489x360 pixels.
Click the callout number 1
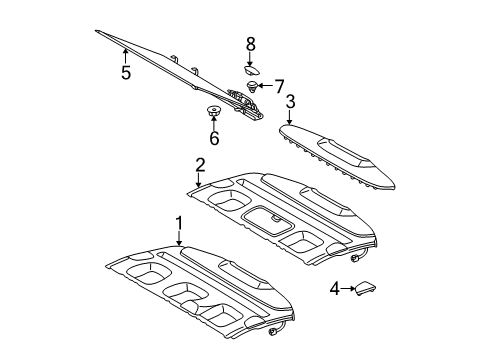pyautogui.click(x=179, y=224)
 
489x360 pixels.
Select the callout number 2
pyautogui.click(x=200, y=165)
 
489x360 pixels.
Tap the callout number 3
pyautogui.click(x=290, y=102)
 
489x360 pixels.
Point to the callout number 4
pyautogui.click(x=335, y=289)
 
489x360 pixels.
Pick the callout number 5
pyautogui.click(x=126, y=72)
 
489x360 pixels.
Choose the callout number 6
pyautogui.click(x=214, y=138)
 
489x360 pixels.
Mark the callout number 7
pyautogui.click(x=279, y=86)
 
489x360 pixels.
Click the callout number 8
pyautogui.click(x=251, y=44)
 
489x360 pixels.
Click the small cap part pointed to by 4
pyautogui.click(x=366, y=288)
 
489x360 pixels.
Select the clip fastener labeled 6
pyautogui.click(x=213, y=110)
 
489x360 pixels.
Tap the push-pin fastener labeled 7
pyautogui.click(x=253, y=86)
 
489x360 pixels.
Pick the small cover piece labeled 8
pyautogui.click(x=252, y=70)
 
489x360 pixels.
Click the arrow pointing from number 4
pyautogui.click(x=348, y=289)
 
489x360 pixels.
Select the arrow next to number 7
pyautogui.click(x=266, y=86)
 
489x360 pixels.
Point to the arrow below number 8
pyautogui.click(x=250, y=59)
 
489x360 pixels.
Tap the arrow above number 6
pyautogui.click(x=213, y=122)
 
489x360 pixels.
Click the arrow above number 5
pyautogui.click(x=125, y=56)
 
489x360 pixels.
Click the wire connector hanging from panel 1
pyautogui.click(x=272, y=332)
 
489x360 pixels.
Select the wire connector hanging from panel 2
pyautogui.click(x=354, y=257)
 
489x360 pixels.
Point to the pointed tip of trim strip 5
pyautogui.click(x=96, y=31)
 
